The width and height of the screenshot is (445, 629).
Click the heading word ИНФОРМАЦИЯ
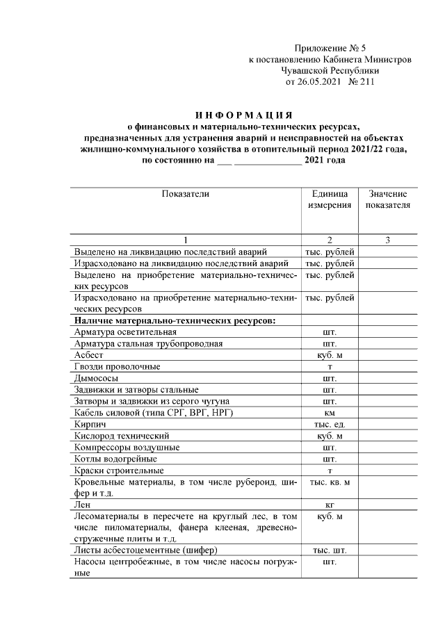coord(243,114)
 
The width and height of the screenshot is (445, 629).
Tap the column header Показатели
coord(185,194)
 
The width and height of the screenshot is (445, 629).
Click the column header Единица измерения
coord(329,199)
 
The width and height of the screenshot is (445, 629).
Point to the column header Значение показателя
coord(387,199)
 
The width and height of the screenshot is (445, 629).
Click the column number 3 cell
coord(387,240)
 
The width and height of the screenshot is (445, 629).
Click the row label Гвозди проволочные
coord(117,366)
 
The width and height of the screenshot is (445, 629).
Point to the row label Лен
coord(82,505)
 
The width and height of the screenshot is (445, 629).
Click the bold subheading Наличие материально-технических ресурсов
coord(175,320)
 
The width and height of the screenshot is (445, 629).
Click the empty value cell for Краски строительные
coord(387,471)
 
